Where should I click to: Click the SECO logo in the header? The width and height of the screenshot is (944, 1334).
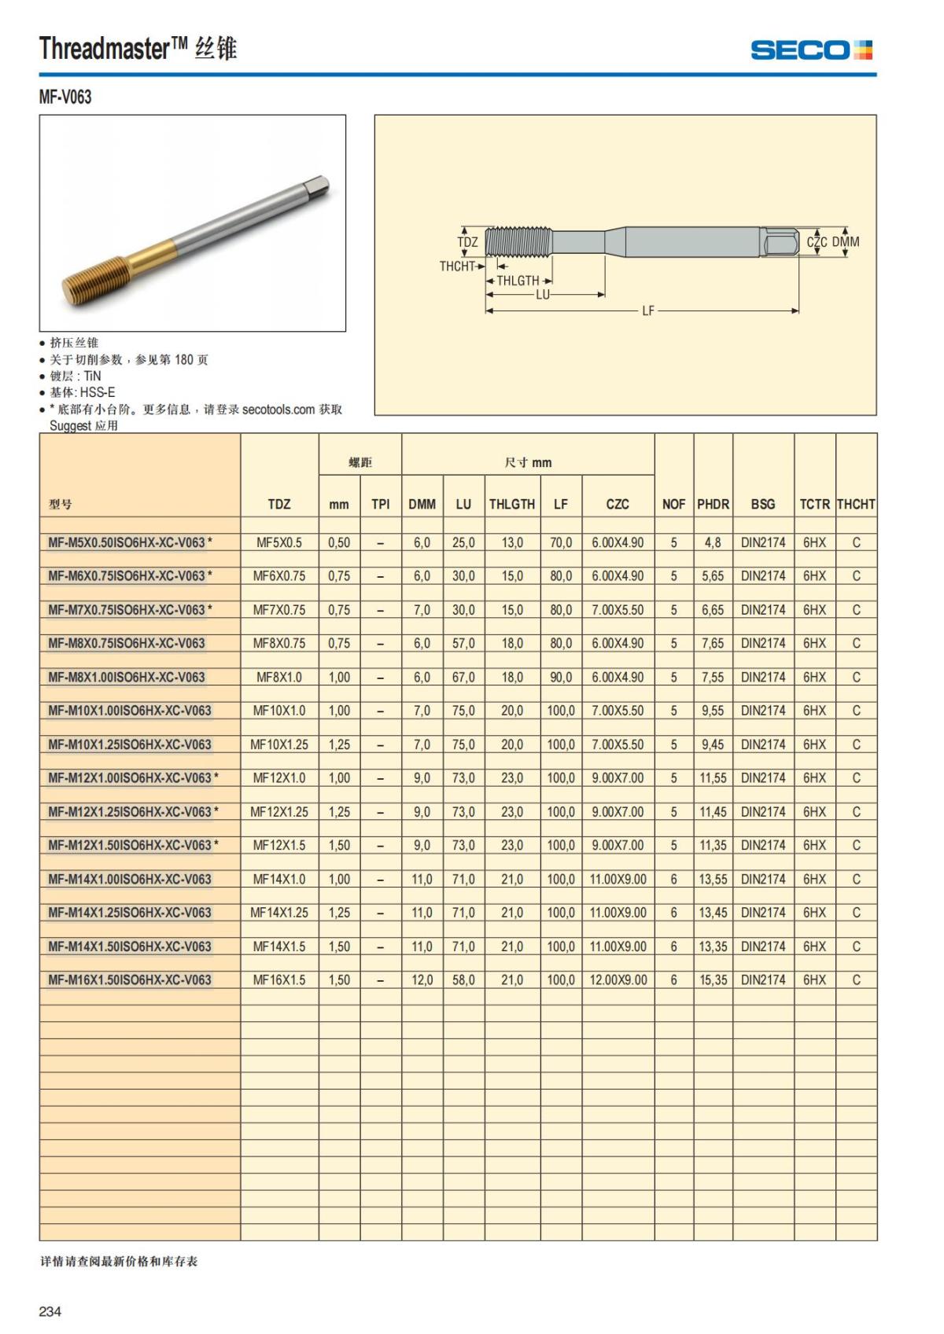(x=811, y=50)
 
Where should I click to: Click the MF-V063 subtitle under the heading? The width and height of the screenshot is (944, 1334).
(x=65, y=97)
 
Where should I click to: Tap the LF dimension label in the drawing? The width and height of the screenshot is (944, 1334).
(x=647, y=311)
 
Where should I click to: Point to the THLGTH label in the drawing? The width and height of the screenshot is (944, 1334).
(x=518, y=281)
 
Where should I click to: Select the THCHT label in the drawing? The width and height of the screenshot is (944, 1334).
(x=456, y=266)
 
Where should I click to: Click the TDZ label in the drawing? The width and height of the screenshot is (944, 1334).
(x=467, y=242)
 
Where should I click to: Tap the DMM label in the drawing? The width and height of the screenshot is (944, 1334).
(x=846, y=242)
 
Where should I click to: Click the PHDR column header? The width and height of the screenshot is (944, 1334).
(x=713, y=504)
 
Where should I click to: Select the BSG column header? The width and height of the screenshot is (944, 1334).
(x=762, y=504)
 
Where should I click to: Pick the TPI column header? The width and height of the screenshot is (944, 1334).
(x=380, y=504)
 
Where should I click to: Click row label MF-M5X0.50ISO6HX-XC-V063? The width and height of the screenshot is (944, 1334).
(x=127, y=542)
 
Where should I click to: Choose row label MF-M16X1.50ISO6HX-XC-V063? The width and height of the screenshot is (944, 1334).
(x=130, y=980)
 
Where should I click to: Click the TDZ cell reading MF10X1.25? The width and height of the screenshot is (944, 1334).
(x=279, y=744)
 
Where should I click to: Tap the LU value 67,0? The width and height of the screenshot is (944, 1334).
(x=463, y=677)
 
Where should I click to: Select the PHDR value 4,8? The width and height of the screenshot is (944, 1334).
(x=713, y=542)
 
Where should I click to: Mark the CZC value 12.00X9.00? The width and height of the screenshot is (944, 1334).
(x=618, y=980)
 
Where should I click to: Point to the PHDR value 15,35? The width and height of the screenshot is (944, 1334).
(x=713, y=980)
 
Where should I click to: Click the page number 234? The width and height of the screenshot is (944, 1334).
(x=50, y=1311)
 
